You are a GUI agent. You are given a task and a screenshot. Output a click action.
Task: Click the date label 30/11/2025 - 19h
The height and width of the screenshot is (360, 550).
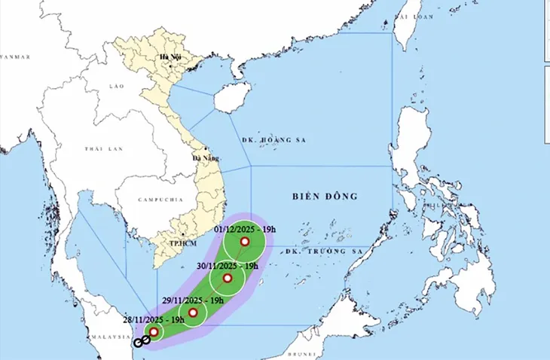click(228, 265)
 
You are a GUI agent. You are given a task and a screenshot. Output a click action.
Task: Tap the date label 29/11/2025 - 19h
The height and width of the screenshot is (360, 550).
click(192, 300)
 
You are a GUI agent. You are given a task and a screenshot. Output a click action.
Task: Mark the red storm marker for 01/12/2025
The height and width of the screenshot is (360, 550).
click(244, 241)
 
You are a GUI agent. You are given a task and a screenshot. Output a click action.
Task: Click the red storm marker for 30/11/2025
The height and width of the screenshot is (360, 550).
click(228, 279)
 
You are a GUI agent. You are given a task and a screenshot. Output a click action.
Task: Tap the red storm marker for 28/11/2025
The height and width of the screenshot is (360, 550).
click(154, 331)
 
